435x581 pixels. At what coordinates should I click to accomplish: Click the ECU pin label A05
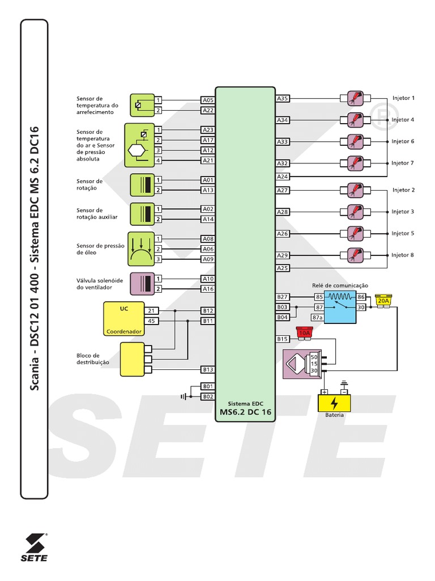click(x=208, y=100)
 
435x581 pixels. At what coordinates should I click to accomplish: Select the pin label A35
click(x=283, y=99)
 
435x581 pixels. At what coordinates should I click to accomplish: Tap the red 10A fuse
click(x=305, y=332)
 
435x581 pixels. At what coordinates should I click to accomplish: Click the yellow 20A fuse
click(x=383, y=301)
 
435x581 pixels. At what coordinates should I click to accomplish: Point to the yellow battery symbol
click(x=334, y=403)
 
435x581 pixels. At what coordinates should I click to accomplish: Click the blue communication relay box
click(x=340, y=307)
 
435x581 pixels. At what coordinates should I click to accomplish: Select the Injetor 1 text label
click(x=403, y=98)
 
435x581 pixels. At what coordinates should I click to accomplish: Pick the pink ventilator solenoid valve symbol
click(x=142, y=284)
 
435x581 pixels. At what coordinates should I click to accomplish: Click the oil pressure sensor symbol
click(x=140, y=249)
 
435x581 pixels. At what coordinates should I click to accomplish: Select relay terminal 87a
click(x=318, y=318)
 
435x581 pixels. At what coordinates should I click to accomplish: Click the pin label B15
click(x=283, y=339)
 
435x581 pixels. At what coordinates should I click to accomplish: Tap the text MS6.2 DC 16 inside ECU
click(x=245, y=412)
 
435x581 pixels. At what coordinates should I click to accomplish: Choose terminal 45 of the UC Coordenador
click(x=151, y=321)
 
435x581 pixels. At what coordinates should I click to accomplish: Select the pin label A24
click(x=283, y=176)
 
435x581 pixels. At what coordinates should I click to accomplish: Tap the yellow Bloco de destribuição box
click(x=133, y=359)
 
